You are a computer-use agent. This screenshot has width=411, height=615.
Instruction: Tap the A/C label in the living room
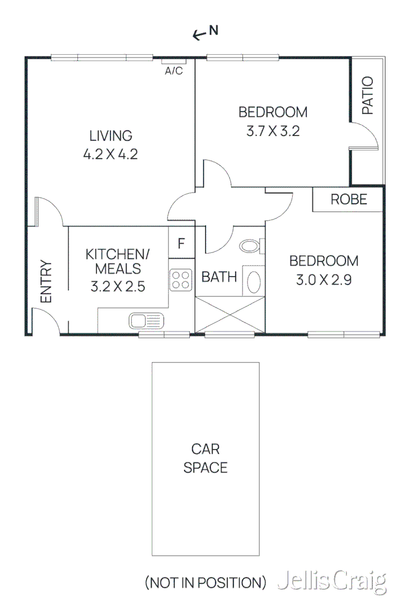tap(174, 71)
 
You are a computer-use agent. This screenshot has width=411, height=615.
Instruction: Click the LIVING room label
tap(110, 136)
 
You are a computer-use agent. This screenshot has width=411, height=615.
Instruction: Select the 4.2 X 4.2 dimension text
tap(110, 154)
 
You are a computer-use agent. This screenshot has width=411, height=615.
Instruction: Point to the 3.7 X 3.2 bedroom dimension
tap(273, 131)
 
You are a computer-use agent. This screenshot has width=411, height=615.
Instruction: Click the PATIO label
tap(367, 96)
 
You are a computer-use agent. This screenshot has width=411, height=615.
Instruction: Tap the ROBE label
tap(348, 199)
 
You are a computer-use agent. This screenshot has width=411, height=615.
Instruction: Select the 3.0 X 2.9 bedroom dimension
tap(323, 280)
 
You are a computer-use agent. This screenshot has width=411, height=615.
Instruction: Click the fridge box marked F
tap(181, 243)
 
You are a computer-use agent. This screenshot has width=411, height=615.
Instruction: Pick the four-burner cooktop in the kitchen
tap(181, 280)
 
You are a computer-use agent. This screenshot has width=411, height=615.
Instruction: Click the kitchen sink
tap(147, 320)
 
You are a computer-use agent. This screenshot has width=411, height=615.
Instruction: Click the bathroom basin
tap(253, 282)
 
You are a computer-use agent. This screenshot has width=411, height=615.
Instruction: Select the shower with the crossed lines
tap(230, 314)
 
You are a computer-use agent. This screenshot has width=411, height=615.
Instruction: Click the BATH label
tap(219, 277)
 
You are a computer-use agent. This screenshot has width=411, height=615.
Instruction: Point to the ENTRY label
tap(46, 282)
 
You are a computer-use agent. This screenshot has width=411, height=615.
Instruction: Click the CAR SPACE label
tap(206, 458)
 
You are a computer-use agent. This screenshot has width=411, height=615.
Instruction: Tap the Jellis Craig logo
tap(331, 582)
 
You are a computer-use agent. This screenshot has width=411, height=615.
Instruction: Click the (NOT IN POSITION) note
tap(206, 583)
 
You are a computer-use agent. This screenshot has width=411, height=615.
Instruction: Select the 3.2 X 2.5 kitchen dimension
tap(117, 286)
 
